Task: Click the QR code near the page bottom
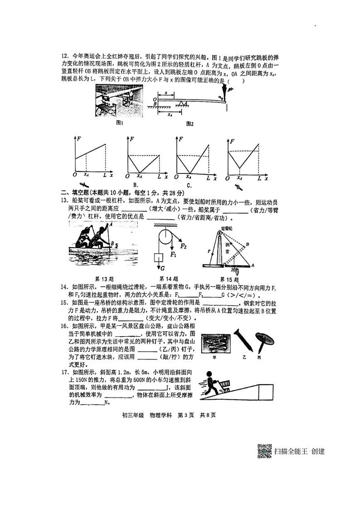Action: (x=265, y=451)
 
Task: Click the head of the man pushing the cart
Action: (x=210, y=373)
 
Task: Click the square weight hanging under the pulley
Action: (x=159, y=259)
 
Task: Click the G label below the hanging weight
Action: (x=162, y=268)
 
